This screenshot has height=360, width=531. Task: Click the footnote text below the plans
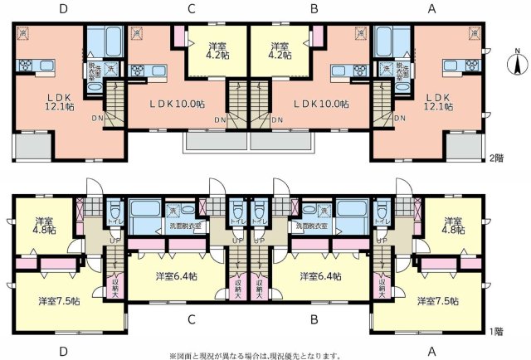(255, 354)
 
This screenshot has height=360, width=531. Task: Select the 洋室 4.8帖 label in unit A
(453, 226)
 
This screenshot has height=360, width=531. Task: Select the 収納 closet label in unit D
(115, 286)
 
